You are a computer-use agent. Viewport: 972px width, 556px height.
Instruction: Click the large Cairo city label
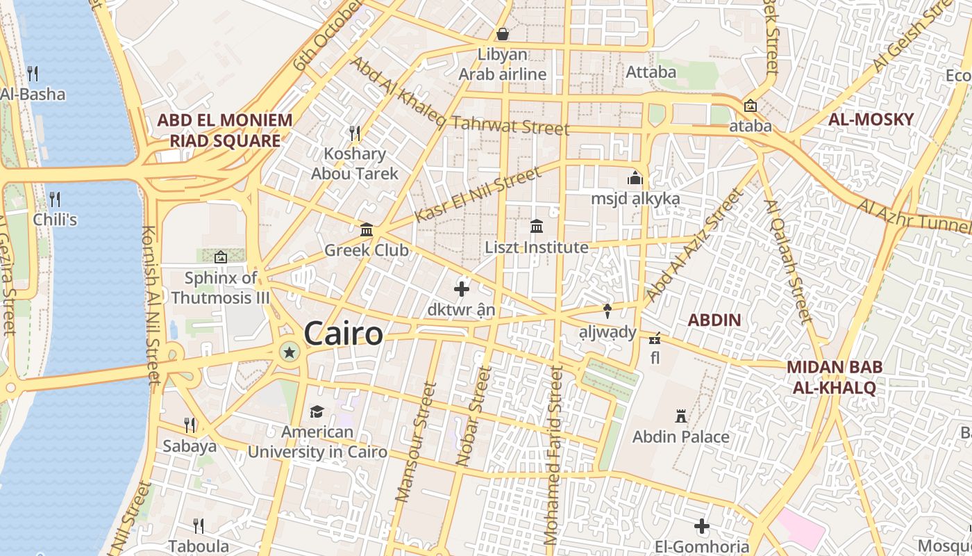click(x=343, y=334)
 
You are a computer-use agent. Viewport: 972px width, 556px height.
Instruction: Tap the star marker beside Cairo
click(x=290, y=353)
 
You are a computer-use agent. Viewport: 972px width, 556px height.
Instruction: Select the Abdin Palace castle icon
click(x=680, y=416)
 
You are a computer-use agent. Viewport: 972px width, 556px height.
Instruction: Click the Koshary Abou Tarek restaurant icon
click(x=354, y=132)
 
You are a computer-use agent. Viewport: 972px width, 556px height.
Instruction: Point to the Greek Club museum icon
click(x=367, y=229)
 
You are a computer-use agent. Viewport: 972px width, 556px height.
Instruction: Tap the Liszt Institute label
click(x=536, y=247)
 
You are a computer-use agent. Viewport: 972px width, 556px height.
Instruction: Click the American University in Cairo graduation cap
click(x=317, y=411)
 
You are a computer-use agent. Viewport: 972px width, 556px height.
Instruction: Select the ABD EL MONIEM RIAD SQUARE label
click(x=224, y=131)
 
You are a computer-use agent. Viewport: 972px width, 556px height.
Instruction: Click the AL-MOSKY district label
click(x=871, y=119)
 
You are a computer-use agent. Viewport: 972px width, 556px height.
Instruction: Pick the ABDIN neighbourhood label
click(x=714, y=320)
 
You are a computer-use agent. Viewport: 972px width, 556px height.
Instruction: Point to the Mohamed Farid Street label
click(x=553, y=455)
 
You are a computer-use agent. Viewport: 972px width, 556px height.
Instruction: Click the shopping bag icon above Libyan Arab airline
click(x=502, y=34)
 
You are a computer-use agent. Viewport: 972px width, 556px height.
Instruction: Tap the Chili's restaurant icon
click(x=55, y=199)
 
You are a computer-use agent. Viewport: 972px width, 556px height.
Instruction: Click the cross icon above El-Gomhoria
click(x=701, y=526)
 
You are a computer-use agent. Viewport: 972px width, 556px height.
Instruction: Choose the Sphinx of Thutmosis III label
click(x=221, y=288)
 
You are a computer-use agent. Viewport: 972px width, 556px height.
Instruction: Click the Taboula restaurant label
click(x=199, y=546)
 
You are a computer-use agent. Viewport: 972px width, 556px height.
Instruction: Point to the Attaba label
click(x=651, y=72)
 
